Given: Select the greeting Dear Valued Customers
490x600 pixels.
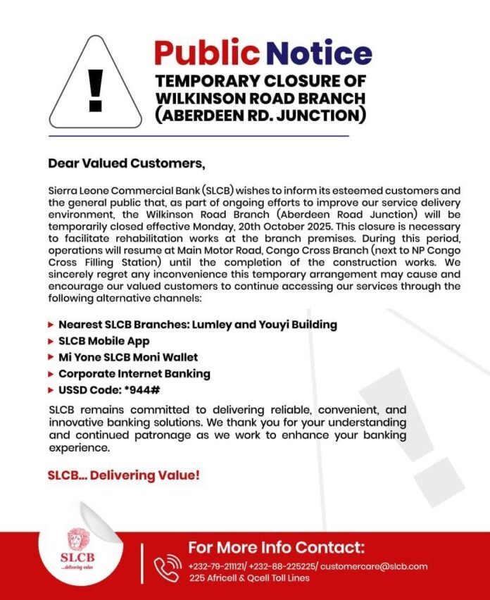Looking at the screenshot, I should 126,163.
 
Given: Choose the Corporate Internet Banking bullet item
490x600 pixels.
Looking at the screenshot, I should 134,373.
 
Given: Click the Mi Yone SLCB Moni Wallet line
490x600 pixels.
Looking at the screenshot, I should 127,357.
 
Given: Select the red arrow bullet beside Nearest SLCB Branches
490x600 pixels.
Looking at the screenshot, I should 51,325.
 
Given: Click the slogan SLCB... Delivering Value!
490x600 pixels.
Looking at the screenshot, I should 123,475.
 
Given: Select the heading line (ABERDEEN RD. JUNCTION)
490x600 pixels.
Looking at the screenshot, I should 260,115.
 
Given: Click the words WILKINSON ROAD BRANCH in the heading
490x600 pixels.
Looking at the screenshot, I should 260,97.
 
